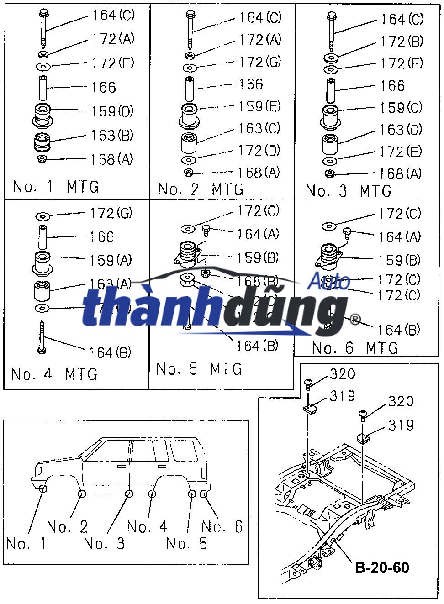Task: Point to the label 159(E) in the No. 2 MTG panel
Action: (x=259, y=107)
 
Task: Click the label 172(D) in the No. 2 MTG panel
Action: (x=259, y=151)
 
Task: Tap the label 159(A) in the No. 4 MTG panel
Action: (x=111, y=261)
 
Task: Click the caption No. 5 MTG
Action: (x=199, y=369)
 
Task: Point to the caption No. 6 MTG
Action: (x=355, y=348)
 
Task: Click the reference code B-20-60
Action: (x=382, y=567)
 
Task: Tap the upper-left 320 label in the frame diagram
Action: (x=343, y=374)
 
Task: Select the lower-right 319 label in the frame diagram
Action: (x=401, y=425)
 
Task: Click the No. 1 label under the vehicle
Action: (x=26, y=544)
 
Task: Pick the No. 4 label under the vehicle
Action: (x=147, y=527)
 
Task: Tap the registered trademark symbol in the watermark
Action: (x=354, y=319)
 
